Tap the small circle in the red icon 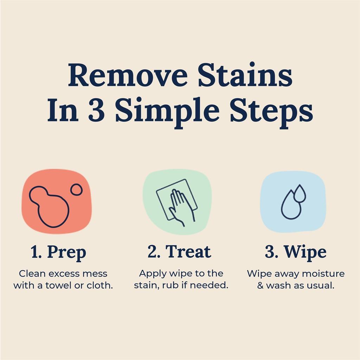[76, 189]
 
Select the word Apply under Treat [152, 273]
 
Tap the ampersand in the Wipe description [260, 285]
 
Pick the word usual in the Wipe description [321, 285]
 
